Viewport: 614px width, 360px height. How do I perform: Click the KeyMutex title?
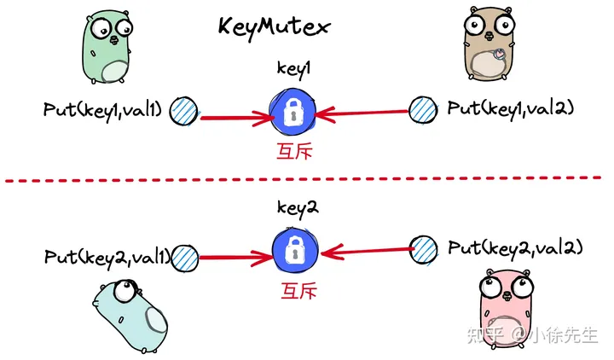273,26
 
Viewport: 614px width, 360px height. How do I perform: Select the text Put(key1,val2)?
510,109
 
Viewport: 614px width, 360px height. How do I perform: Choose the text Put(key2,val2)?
515,248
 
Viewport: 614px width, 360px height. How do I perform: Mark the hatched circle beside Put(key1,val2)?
422,109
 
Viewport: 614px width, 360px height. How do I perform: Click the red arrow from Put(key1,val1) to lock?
234,118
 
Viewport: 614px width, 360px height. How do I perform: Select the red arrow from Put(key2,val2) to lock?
366,250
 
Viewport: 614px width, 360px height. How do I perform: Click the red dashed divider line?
307,179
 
